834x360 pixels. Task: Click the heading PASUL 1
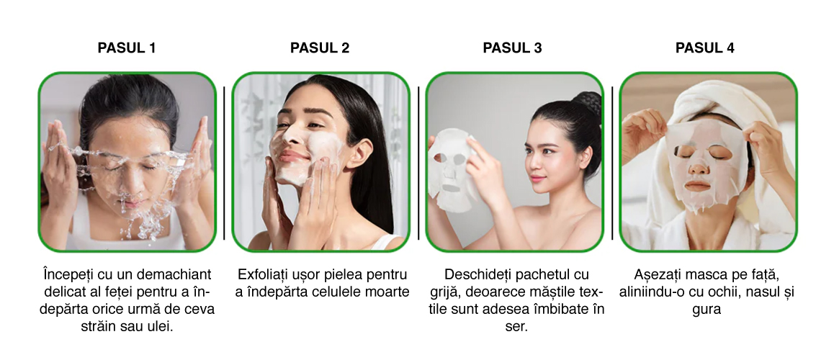click(x=127, y=48)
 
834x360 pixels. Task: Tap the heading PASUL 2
click(x=320, y=48)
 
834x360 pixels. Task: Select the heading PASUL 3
click(x=512, y=48)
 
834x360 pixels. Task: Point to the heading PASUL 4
click(x=705, y=48)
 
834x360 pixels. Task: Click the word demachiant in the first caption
click(x=174, y=274)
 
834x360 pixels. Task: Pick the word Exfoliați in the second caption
click(x=263, y=274)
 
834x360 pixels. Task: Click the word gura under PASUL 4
click(x=707, y=310)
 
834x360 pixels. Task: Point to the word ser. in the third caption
click(x=516, y=326)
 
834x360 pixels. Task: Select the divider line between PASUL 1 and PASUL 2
click(x=224, y=163)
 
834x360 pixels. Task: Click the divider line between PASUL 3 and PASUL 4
click(x=611, y=163)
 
